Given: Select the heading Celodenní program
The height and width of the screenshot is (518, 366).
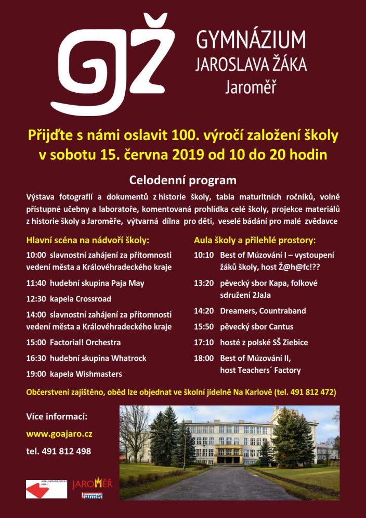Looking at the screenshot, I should [182, 180].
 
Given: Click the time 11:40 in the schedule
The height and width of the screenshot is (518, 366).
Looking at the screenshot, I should [36, 283].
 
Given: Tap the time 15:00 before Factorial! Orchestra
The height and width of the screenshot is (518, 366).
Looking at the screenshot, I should [36, 343].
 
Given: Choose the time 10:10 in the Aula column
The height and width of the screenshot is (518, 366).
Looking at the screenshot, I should [204, 255].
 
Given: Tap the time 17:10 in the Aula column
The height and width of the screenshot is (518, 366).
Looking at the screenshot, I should [204, 343].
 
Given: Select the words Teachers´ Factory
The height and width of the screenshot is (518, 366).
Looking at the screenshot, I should [270, 370].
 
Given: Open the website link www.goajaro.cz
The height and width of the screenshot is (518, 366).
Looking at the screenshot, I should [59, 434].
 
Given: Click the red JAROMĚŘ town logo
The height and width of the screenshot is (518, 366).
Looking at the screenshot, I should [91, 484].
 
